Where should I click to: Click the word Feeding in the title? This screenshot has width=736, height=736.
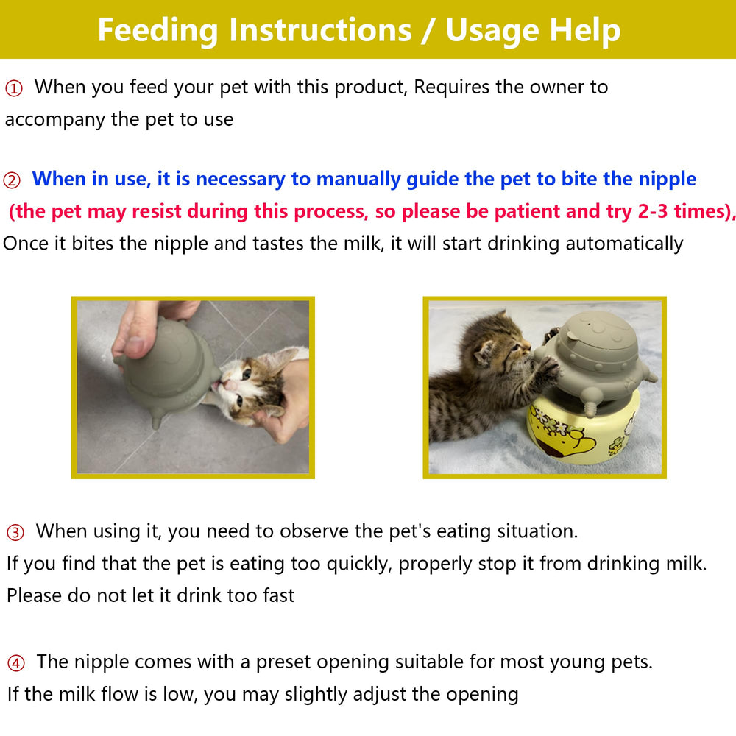pyautogui.click(x=158, y=31)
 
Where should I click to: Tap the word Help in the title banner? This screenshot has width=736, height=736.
pyautogui.click(x=585, y=31)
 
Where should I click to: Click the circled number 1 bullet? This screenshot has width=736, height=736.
pyautogui.click(x=14, y=88)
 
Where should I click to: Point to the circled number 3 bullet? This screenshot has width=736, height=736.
pyautogui.click(x=15, y=532)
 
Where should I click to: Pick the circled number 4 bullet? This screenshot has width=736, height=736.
pyautogui.click(x=15, y=663)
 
